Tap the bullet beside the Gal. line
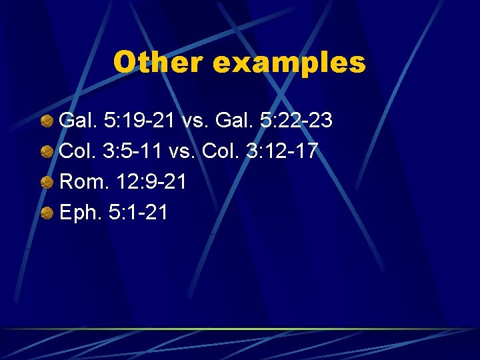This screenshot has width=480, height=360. [47, 121]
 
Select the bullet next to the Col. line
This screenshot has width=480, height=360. [47, 152]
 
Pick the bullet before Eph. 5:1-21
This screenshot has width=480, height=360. [47, 213]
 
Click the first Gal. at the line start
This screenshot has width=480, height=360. [77, 121]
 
